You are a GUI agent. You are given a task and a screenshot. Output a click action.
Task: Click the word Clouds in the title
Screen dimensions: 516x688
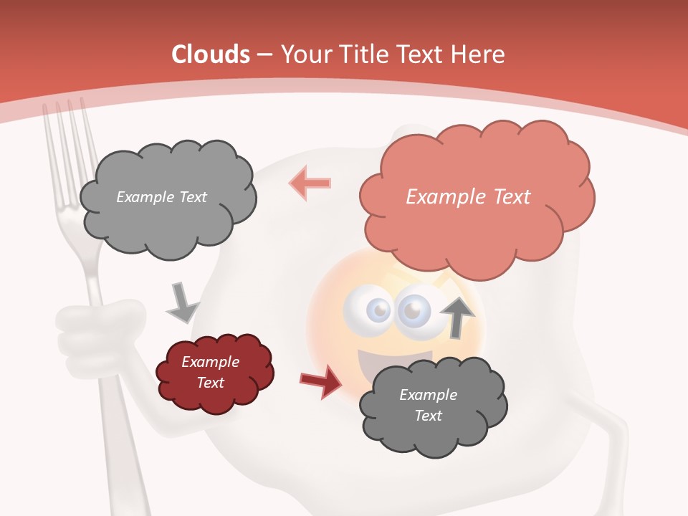[211, 54]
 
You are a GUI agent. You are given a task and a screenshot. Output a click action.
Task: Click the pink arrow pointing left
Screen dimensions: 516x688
[310, 183]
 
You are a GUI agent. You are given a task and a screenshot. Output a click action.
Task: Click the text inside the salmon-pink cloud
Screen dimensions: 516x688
[468, 197]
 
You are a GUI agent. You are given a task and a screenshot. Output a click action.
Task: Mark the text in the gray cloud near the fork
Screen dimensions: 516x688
[161, 197]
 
